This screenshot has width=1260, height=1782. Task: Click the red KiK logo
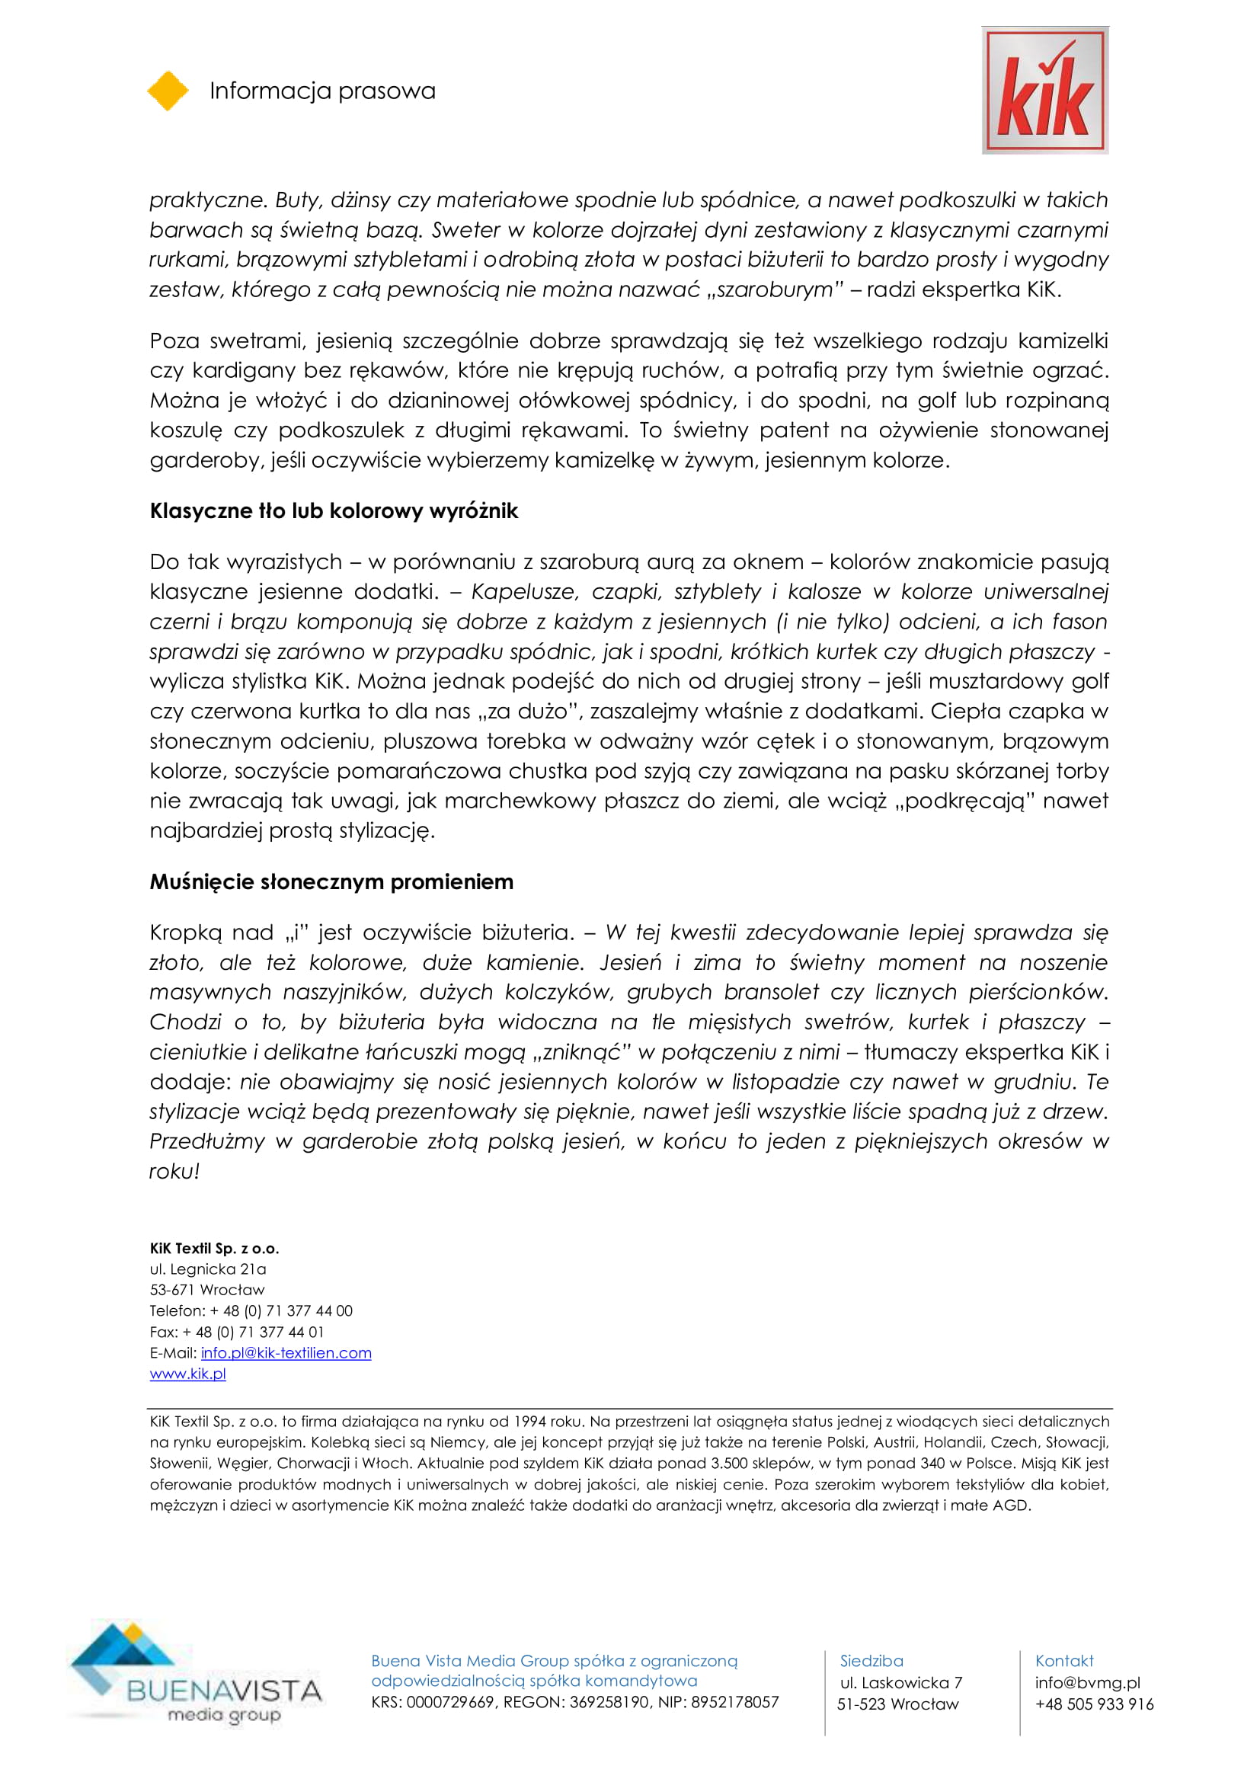coord(1044,90)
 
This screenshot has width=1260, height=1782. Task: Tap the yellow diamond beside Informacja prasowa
coord(168,91)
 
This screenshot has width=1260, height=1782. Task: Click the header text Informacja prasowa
coord(322,91)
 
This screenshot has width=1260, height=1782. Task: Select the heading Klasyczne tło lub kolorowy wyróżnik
coord(334,510)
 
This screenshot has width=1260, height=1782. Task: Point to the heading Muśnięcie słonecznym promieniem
coord(331,881)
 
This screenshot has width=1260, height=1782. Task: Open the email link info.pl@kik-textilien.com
coord(286,1353)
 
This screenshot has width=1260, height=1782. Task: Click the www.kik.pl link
coord(187,1374)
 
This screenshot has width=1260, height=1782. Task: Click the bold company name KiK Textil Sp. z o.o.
coord(214,1248)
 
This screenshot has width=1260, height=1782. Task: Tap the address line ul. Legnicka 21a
coord(208,1269)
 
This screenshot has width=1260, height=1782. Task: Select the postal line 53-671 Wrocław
coord(207,1290)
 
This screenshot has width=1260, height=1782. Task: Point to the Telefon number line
coord(251,1311)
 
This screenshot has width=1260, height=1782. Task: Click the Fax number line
coord(237,1332)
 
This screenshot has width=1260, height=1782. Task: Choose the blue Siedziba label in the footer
coord(871,1662)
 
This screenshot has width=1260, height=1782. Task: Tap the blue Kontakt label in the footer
coord(1063,1662)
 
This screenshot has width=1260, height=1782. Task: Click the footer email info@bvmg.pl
coord(1087,1683)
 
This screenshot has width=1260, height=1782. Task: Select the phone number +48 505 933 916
coord(1094,1704)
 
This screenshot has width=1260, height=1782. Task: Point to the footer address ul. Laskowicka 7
coord(900,1683)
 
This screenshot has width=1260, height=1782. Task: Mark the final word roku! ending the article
coord(174,1171)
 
